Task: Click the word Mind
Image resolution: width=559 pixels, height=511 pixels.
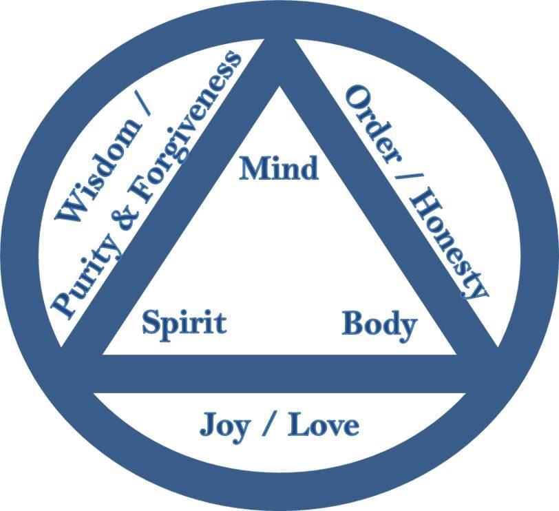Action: click(279, 168)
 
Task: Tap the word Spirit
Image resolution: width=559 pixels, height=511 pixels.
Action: click(184, 322)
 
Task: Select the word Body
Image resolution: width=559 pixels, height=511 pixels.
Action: click(379, 324)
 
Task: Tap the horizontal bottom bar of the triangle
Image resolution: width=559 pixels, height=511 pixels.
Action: click(279, 373)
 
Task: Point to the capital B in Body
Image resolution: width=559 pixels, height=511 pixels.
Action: click(353, 324)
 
